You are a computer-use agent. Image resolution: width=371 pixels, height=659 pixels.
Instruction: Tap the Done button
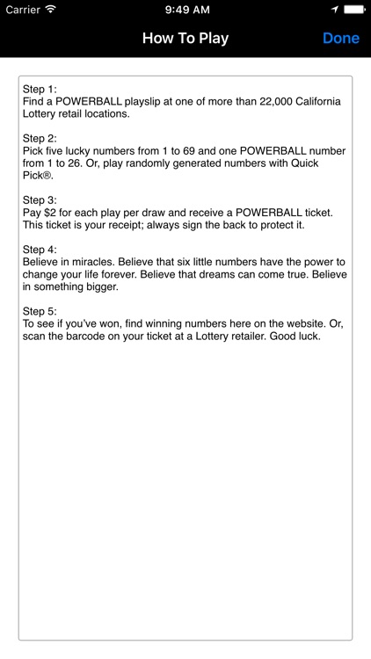[x=340, y=38]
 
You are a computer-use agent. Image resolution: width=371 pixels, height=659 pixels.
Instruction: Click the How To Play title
[x=185, y=38]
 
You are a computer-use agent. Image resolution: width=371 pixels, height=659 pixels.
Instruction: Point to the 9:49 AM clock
[x=185, y=9]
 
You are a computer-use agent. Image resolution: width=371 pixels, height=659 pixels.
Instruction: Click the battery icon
[x=354, y=9]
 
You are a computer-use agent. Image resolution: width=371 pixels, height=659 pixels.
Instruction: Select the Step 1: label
[x=40, y=90]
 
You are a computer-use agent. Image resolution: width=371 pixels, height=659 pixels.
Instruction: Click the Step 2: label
[x=40, y=138]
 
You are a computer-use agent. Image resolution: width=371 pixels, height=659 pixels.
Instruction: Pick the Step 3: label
[x=40, y=199]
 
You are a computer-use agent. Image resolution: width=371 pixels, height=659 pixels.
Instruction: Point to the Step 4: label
[x=40, y=249]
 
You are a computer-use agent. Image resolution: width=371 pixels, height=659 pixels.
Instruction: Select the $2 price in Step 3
[x=52, y=213]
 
